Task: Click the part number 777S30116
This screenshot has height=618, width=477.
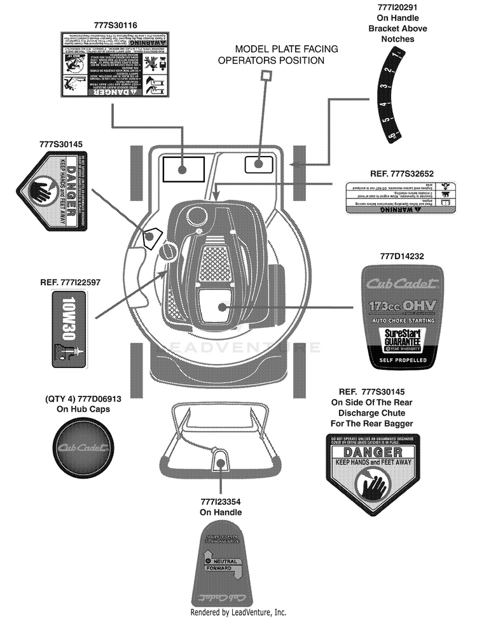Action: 115,25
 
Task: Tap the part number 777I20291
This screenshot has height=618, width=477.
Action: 396,8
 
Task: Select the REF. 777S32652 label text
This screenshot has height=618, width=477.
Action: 401,173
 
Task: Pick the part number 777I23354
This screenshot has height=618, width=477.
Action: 221,502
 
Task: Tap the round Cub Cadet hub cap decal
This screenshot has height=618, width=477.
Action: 83,448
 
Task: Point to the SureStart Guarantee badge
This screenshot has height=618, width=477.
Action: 403,341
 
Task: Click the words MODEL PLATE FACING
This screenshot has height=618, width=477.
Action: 286,49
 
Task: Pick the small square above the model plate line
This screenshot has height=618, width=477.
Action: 265,76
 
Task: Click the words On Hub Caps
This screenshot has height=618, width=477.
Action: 83,409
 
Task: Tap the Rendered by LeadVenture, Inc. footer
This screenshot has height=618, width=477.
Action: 238,612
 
